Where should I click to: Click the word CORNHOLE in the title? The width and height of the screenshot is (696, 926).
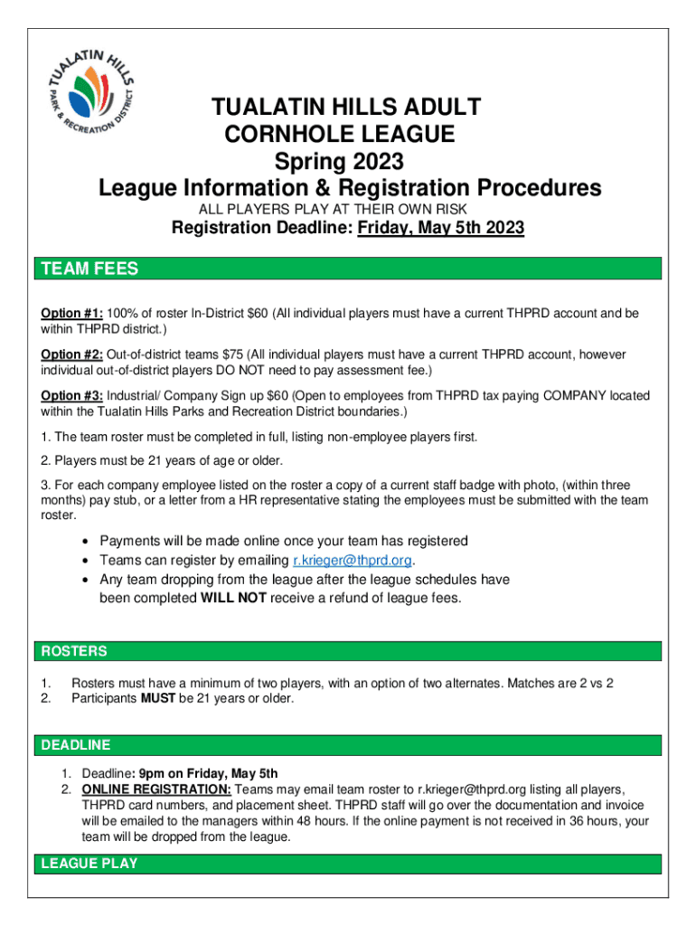click(290, 136)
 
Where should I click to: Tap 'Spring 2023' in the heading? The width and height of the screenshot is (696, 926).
click(349, 163)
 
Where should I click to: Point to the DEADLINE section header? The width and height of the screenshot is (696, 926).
click(76, 745)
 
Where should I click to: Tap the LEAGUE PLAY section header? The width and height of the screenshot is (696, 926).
click(89, 864)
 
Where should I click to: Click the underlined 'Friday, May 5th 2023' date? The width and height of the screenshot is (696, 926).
click(441, 229)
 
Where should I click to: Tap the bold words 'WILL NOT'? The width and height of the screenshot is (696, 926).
click(232, 598)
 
